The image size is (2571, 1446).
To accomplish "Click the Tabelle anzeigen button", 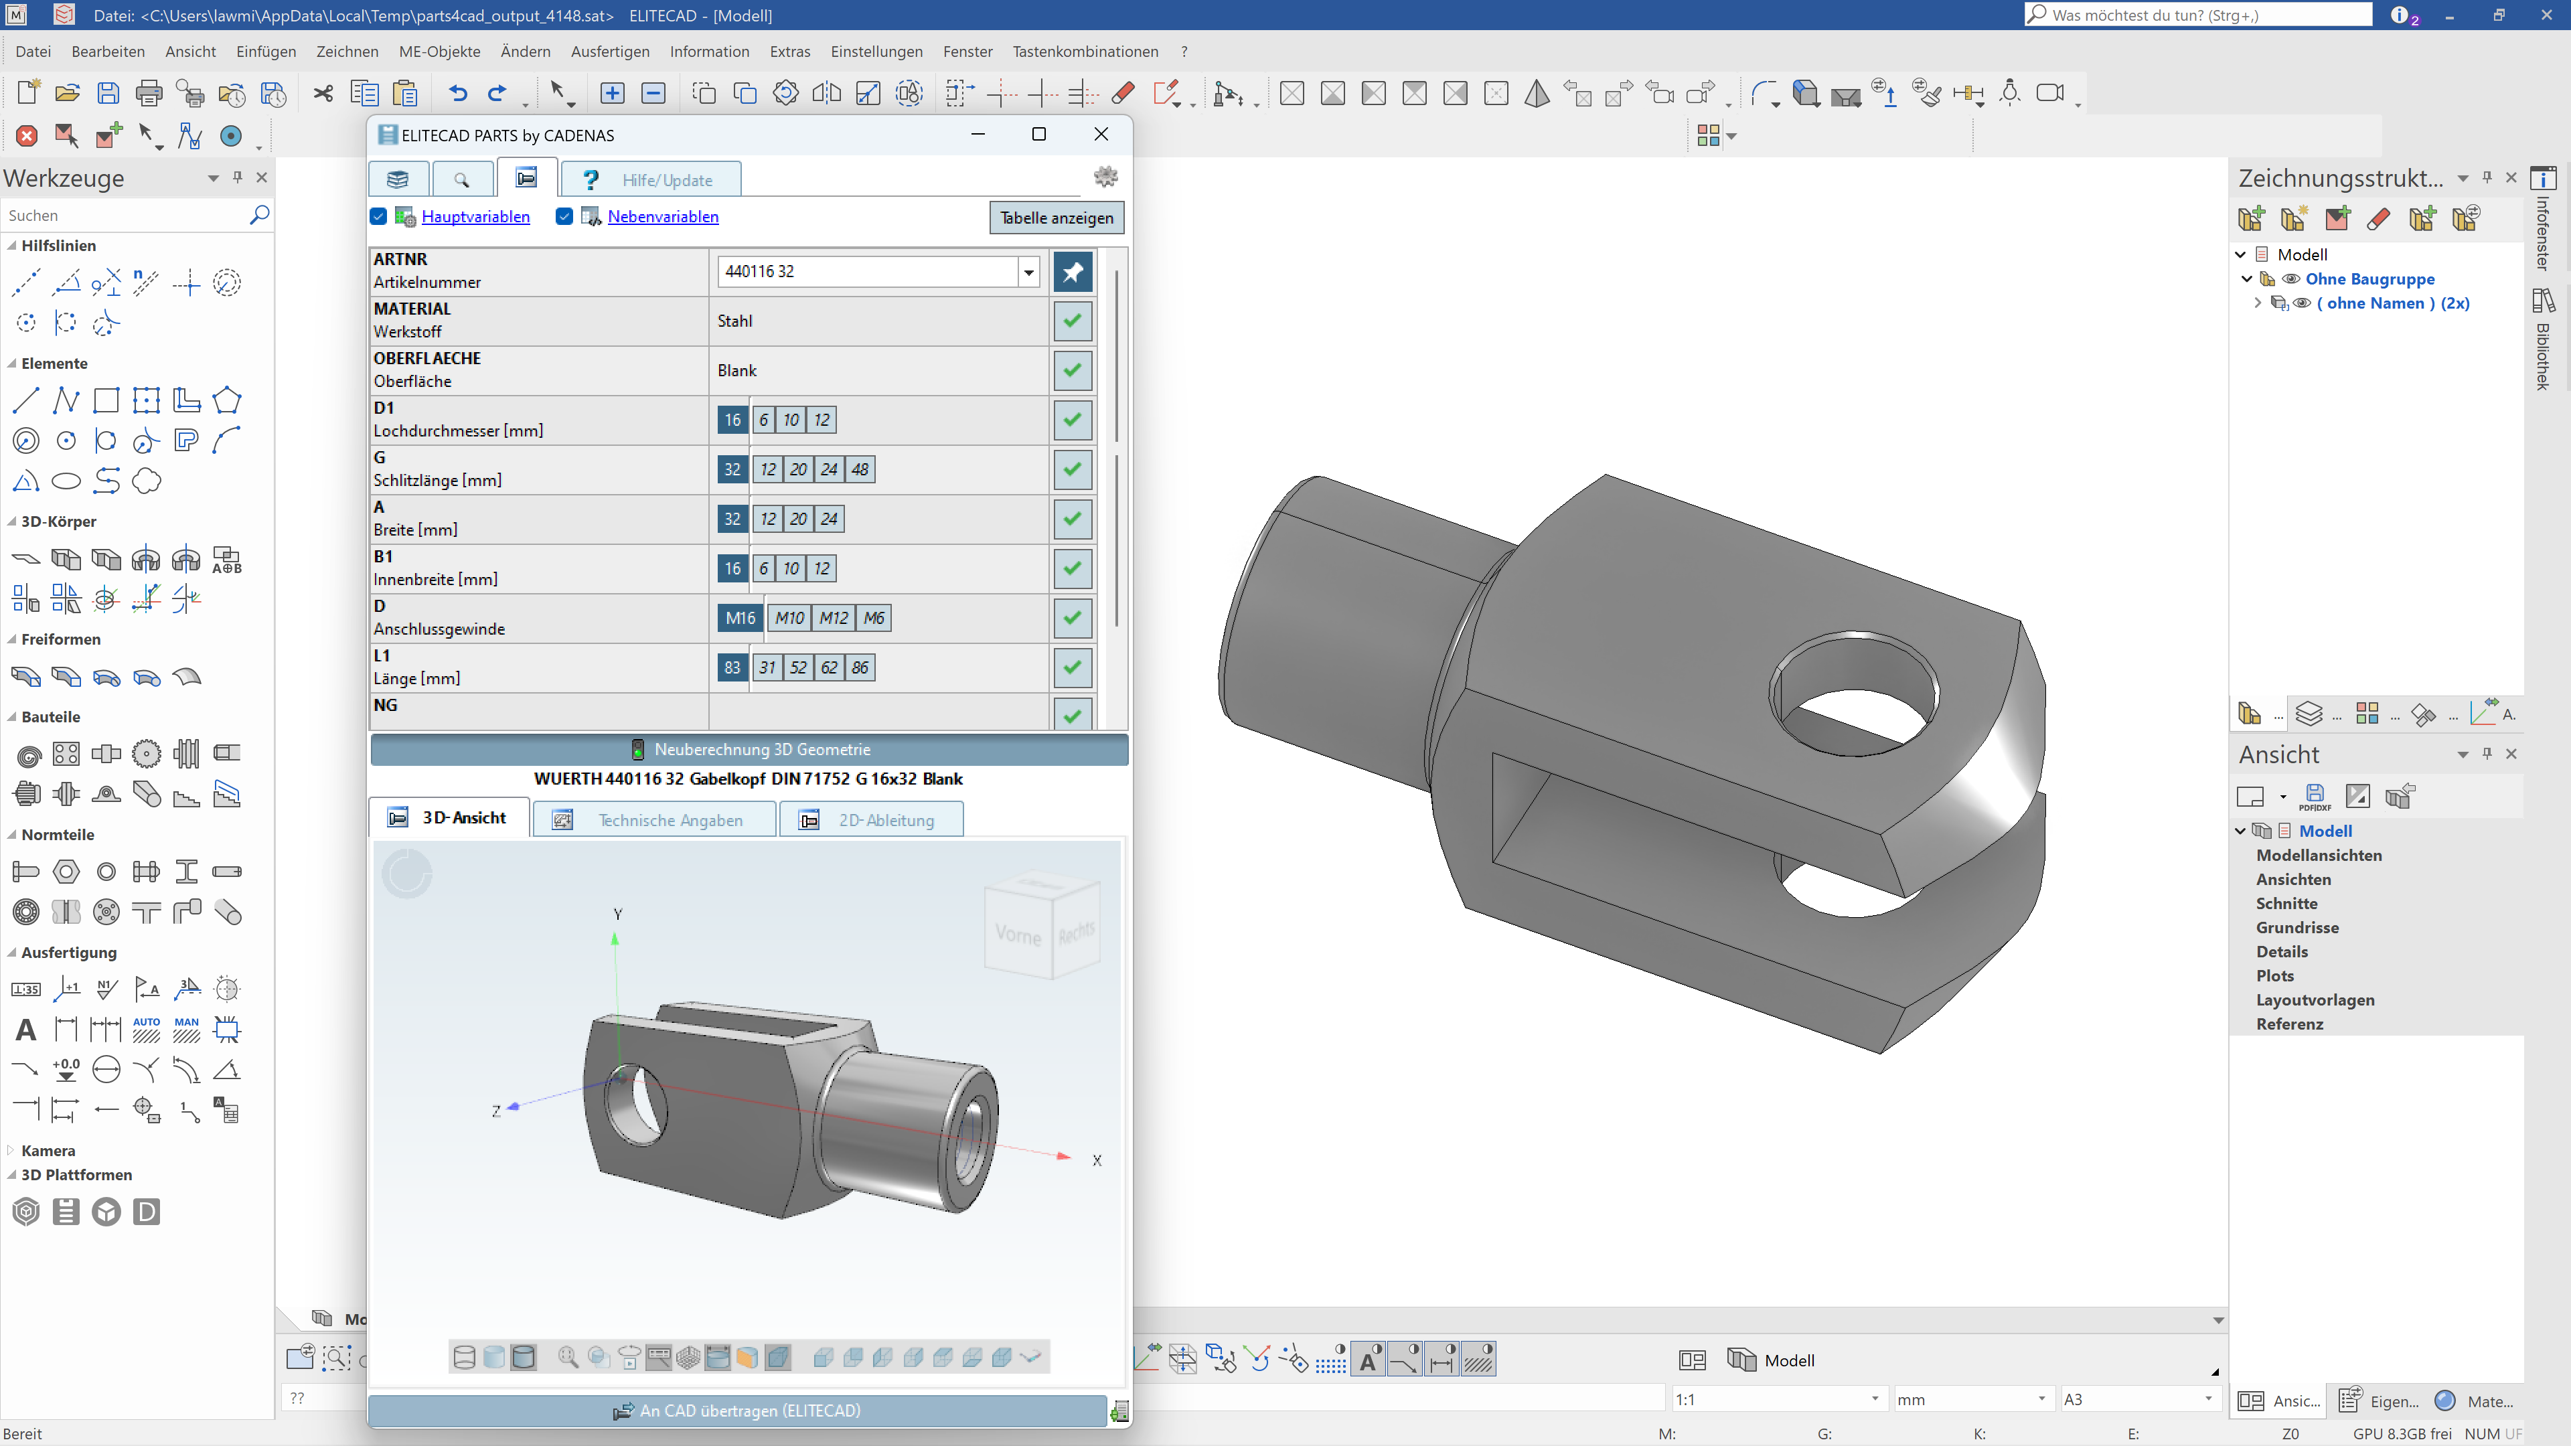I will pyautogui.click(x=1056, y=218).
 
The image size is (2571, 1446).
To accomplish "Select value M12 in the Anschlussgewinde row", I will pyautogui.click(x=834, y=618).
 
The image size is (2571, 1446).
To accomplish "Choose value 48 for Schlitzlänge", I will pyautogui.click(x=859, y=469).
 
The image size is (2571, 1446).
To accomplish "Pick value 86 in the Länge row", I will pyautogui.click(x=859, y=667).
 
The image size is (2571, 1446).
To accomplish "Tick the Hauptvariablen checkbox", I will pyautogui.click(x=378, y=216).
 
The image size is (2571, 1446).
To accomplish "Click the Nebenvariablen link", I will pyautogui.click(x=663, y=216).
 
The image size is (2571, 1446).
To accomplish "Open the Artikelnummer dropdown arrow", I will pyautogui.click(x=1028, y=271).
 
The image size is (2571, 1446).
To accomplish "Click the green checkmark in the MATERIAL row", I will pyautogui.click(x=1072, y=321).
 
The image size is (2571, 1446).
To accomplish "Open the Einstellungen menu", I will pyautogui.click(x=876, y=51).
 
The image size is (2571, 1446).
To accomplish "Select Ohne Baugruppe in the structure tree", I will pyautogui.click(x=2369, y=279).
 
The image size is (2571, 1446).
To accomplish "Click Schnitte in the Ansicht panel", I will pyautogui.click(x=2286, y=903).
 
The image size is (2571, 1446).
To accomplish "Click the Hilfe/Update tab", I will pyautogui.click(x=651, y=179).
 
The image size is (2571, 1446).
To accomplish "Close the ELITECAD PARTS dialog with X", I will pyautogui.click(x=1101, y=134).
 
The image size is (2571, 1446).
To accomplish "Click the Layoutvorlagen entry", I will pyautogui.click(x=2315, y=1000).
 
